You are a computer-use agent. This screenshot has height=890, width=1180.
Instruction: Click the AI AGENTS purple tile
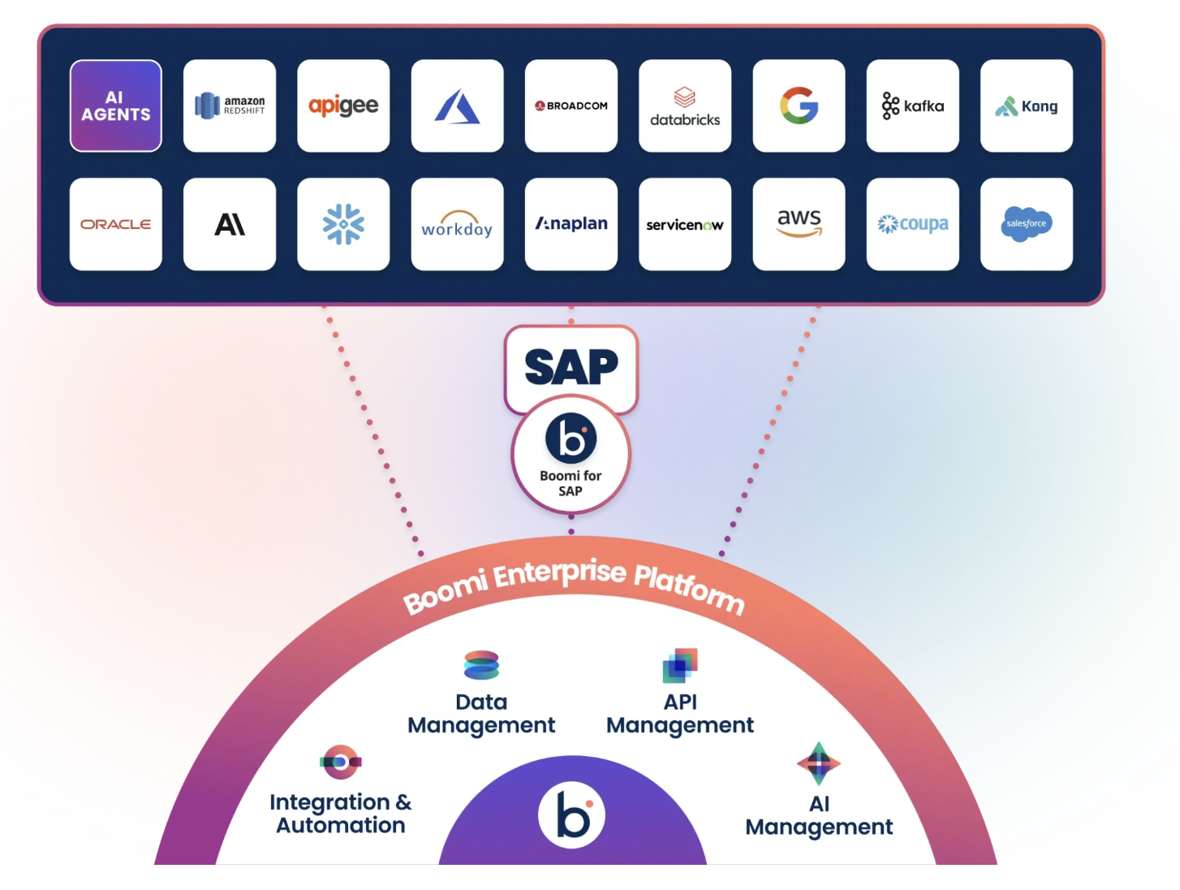[116, 106]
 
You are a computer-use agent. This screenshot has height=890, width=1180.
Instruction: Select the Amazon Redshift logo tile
[230, 106]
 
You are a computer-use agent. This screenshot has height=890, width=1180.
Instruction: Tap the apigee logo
[343, 106]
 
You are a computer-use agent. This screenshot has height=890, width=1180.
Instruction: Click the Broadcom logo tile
[571, 106]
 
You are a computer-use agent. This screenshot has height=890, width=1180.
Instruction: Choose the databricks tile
[685, 106]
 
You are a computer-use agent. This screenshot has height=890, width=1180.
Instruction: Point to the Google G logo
[799, 106]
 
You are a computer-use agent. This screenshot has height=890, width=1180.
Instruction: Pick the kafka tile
[913, 106]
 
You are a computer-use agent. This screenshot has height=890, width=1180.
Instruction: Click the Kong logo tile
[1027, 106]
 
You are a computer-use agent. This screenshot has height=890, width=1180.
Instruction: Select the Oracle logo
[116, 224]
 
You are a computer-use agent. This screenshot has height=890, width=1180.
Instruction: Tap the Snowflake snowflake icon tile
[343, 224]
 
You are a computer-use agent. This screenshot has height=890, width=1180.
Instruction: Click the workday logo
[457, 224]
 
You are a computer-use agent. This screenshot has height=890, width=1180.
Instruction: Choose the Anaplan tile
[571, 224]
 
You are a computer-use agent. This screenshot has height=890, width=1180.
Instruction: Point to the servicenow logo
[685, 224]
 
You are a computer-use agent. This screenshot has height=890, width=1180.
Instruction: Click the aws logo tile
[799, 224]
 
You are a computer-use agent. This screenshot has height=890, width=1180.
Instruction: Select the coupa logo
[913, 224]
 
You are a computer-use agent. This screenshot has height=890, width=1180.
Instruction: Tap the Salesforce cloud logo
[1027, 224]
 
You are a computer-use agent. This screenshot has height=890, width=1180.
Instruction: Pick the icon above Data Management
[481, 665]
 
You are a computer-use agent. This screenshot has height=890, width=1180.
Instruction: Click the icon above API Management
[680, 665]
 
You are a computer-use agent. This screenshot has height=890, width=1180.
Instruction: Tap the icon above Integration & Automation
[341, 762]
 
